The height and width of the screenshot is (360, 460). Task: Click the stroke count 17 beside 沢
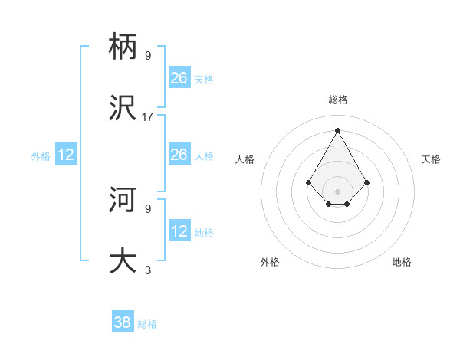[148, 117]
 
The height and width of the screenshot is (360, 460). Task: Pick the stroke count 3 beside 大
[148, 270]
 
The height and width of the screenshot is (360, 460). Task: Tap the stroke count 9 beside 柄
[148, 55]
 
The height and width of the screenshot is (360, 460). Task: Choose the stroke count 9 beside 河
[148, 208]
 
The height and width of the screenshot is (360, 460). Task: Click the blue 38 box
[123, 322]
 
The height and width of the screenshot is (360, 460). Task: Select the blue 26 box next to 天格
[179, 77]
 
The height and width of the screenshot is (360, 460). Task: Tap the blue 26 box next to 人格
[179, 155]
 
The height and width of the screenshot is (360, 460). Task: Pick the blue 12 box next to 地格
[179, 231]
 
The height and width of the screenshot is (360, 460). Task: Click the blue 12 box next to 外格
[66, 155]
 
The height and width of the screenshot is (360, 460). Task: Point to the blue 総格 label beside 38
[147, 324]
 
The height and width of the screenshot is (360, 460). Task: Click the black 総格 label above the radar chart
[338, 100]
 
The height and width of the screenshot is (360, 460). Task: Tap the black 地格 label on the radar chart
[402, 262]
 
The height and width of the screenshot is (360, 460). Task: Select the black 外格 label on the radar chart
[270, 262]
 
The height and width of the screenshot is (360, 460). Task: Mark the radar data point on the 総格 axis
[338, 130]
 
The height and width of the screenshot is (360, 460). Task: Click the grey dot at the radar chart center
[338, 191]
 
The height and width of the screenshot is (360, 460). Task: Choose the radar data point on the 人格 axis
[309, 182]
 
